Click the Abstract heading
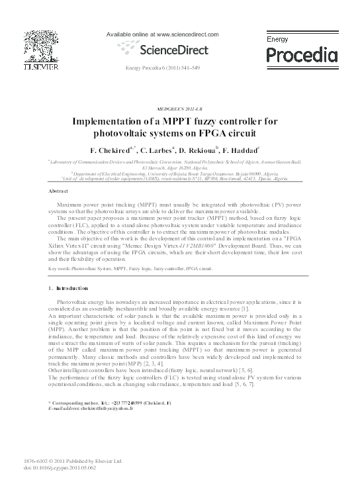(59, 191)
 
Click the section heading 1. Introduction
(69, 289)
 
